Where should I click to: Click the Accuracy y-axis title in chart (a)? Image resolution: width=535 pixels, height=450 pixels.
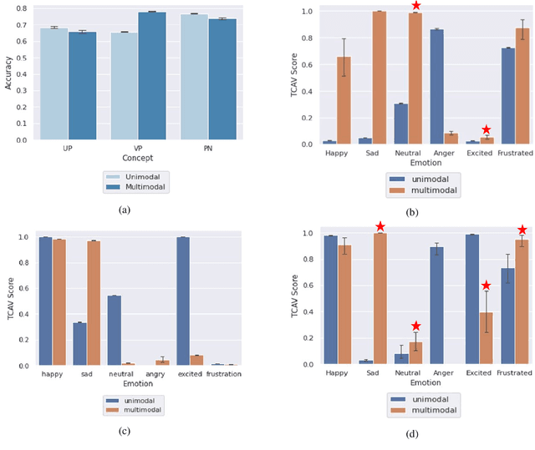pyautogui.click(x=8, y=73)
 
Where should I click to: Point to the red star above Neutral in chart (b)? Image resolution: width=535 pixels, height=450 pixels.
pyautogui.click(x=415, y=7)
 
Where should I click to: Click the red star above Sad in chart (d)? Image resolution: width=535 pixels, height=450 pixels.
pyautogui.click(x=380, y=226)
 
